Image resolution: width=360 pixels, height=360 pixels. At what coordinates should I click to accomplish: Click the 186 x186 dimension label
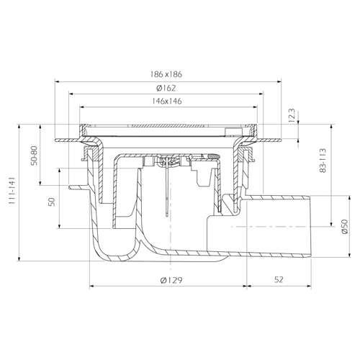pos(166,74)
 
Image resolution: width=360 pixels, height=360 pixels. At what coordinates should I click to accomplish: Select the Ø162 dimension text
pos(166,88)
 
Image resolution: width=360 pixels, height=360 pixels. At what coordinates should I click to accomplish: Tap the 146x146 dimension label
pos(167,101)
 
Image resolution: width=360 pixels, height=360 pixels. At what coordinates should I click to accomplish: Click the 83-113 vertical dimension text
pos(323,161)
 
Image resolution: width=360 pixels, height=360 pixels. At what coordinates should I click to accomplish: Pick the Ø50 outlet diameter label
pos(345,227)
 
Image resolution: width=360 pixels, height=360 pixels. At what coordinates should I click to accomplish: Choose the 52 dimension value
pos(279,279)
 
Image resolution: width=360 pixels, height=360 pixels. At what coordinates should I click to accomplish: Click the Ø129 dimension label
pos(171,280)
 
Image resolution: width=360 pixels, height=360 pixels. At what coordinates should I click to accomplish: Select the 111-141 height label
pos(12,191)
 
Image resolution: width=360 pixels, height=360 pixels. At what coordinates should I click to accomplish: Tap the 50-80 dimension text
pos(34,156)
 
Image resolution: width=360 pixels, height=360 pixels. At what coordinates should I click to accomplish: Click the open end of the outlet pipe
pos(311,227)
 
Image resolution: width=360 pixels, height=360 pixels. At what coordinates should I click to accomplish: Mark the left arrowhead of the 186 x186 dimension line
pos(57,82)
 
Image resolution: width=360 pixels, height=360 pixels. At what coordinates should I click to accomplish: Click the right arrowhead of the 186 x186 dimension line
pos(279,82)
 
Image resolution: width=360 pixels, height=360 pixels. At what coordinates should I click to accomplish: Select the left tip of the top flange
pos(55,140)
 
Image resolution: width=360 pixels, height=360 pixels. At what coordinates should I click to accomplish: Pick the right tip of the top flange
pos(281,140)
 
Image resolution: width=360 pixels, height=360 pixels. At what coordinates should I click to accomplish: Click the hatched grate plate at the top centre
pos(166,125)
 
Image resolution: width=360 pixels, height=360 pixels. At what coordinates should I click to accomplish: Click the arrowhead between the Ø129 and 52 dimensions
pos(245,286)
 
